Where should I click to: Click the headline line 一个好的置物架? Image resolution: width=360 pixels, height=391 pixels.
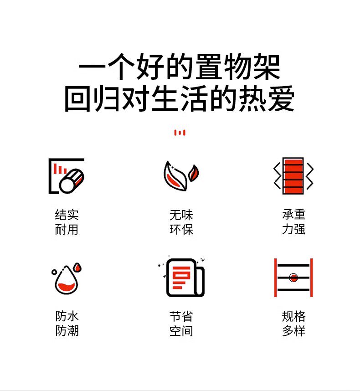(180, 67)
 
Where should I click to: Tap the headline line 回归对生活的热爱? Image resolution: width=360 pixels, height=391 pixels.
(180, 98)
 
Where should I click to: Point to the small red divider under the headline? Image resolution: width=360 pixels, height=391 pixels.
(180, 133)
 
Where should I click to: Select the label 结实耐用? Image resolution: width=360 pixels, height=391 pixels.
(67, 222)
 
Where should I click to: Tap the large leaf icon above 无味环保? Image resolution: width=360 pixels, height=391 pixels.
(175, 176)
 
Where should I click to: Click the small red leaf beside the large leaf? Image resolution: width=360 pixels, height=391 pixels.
(194, 173)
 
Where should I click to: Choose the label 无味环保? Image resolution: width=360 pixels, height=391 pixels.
(181, 222)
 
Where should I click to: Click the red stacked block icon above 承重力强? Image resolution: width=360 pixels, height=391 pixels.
(293, 176)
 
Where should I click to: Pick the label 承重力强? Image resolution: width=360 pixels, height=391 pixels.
(293, 222)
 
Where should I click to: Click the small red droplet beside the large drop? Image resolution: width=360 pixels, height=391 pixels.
(77, 268)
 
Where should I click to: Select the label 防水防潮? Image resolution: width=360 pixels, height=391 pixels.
(67, 324)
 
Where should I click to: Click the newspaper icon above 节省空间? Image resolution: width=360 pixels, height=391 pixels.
(185, 278)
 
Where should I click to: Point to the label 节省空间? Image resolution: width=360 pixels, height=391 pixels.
(181, 324)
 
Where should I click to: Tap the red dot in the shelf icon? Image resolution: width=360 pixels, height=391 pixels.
(293, 278)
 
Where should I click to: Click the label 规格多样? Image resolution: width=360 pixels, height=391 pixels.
(293, 324)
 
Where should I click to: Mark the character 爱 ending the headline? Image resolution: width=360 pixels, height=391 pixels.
(281, 98)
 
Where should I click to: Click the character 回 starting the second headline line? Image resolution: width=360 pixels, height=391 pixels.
(77, 98)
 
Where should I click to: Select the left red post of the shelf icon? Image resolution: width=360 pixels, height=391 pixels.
(276, 278)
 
